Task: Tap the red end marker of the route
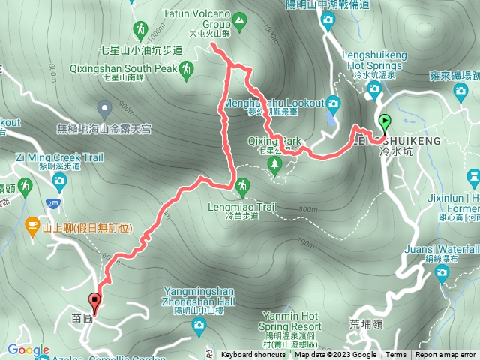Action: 95,301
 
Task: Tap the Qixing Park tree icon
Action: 275,163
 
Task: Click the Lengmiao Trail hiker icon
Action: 242,184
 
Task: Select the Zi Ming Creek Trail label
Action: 59,157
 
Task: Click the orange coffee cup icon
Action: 32,223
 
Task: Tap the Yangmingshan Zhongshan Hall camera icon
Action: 198,323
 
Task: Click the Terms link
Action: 396,355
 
